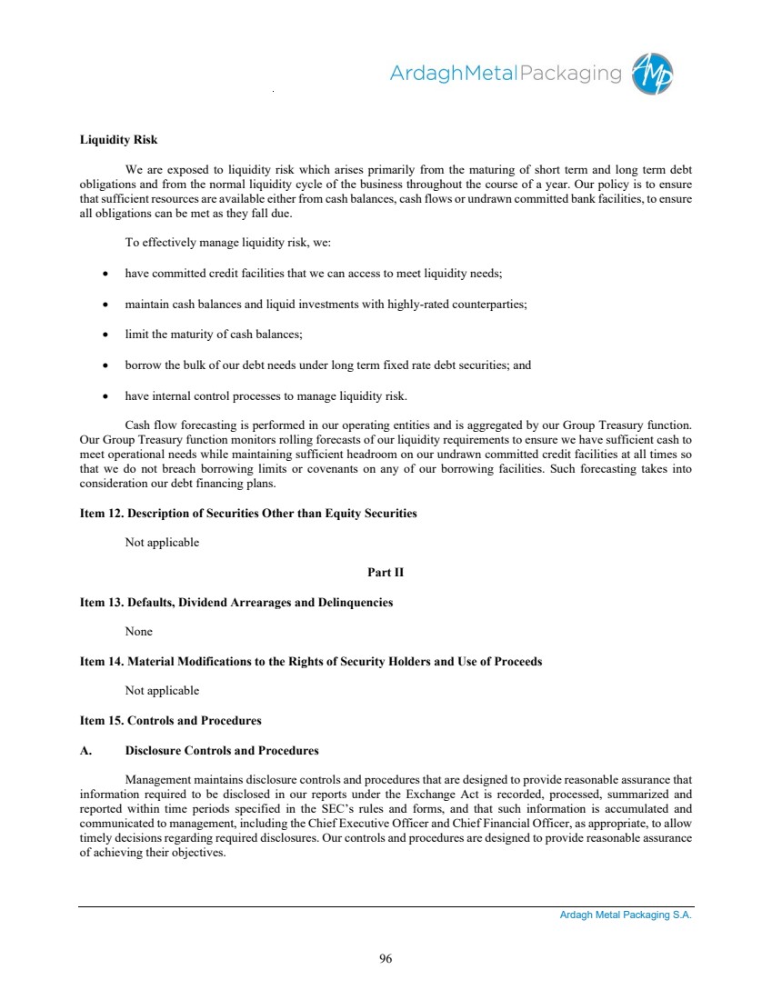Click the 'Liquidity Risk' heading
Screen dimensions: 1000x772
point(118,140)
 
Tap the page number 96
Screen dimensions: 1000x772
point(386,958)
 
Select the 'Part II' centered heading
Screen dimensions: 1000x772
point(386,573)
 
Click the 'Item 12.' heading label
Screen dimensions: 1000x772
point(101,514)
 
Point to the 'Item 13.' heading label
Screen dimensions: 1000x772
point(101,603)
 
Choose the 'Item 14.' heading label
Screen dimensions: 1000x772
point(101,662)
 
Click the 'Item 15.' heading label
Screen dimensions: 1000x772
point(101,721)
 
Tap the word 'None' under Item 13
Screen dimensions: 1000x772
point(138,632)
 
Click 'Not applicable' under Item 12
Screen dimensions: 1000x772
point(162,543)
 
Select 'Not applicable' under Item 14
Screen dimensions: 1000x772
point(162,691)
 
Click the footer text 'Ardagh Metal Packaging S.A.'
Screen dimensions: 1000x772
point(626,915)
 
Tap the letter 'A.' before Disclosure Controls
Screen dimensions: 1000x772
point(86,751)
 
